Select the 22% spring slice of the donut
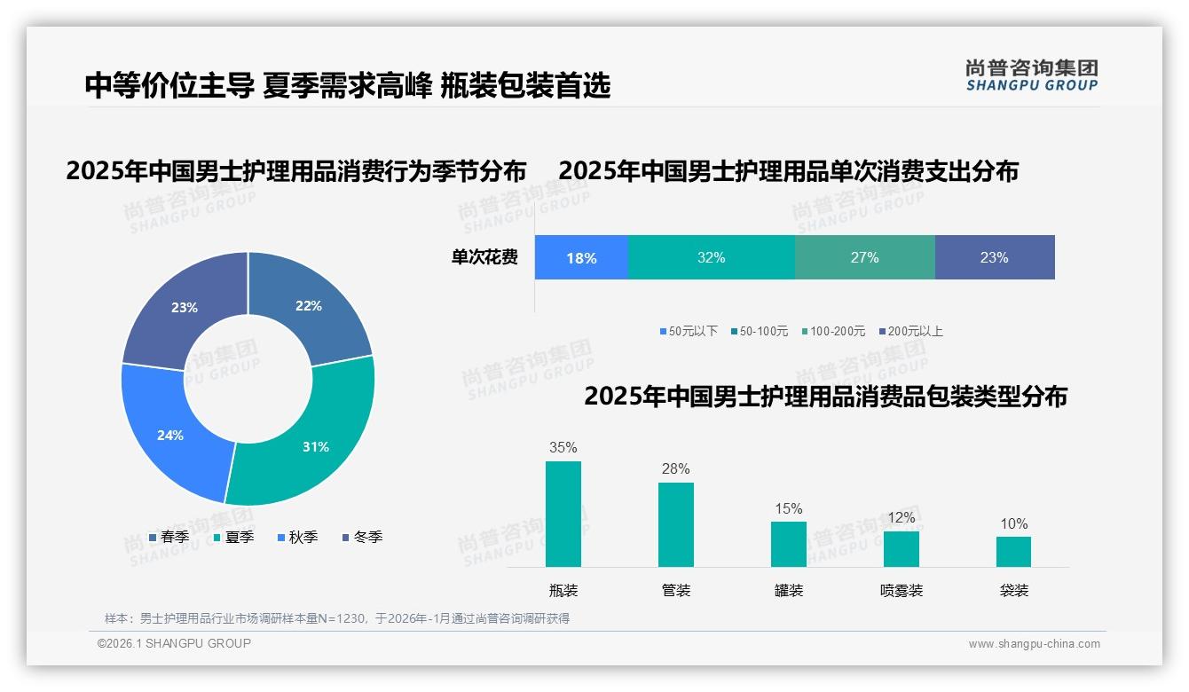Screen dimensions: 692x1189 (310, 306)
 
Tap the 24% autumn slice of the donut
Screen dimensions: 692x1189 (169, 435)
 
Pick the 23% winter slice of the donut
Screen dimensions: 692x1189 (185, 308)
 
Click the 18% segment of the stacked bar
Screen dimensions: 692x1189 (581, 258)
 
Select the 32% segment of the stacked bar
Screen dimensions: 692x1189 (711, 257)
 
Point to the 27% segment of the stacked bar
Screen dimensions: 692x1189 (864, 257)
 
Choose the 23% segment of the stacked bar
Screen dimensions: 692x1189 (994, 257)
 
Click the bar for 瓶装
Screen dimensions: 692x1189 (563, 514)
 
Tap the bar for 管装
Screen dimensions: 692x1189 (676, 524)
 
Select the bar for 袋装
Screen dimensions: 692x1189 (1013, 551)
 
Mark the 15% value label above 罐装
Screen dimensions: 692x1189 (788, 508)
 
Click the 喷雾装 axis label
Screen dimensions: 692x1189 (901, 590)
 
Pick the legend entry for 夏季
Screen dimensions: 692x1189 (234, 537)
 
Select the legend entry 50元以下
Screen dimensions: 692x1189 (689, 331)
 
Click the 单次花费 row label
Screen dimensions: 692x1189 (484, 258)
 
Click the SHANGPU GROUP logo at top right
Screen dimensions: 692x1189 (1031, 75)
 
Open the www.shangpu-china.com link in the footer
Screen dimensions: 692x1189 (1034, 644)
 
